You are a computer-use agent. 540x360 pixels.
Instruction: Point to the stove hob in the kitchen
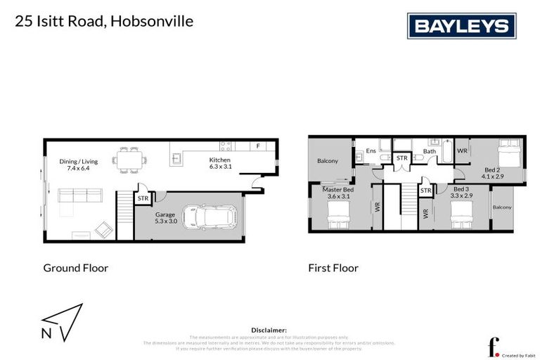click(x=226, y=146)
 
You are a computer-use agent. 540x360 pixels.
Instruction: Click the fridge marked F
click(x=258, y=146)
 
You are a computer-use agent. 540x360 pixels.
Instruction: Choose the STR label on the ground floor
click(x=143, y=199)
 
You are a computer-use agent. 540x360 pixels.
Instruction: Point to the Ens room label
click(x=371, y=150)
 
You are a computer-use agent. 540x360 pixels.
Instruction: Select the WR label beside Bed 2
click(x=462, y=150)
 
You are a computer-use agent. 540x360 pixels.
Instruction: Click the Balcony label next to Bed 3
click(x=502, y=207)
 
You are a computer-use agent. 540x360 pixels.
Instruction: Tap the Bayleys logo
click(x=461, y=26)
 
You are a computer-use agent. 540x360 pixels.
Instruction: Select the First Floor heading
click(x=333, y=268)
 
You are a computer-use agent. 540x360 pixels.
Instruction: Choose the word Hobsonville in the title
click(x=152, y=21)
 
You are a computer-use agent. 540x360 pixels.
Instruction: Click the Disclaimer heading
click(x=269, y=330)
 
